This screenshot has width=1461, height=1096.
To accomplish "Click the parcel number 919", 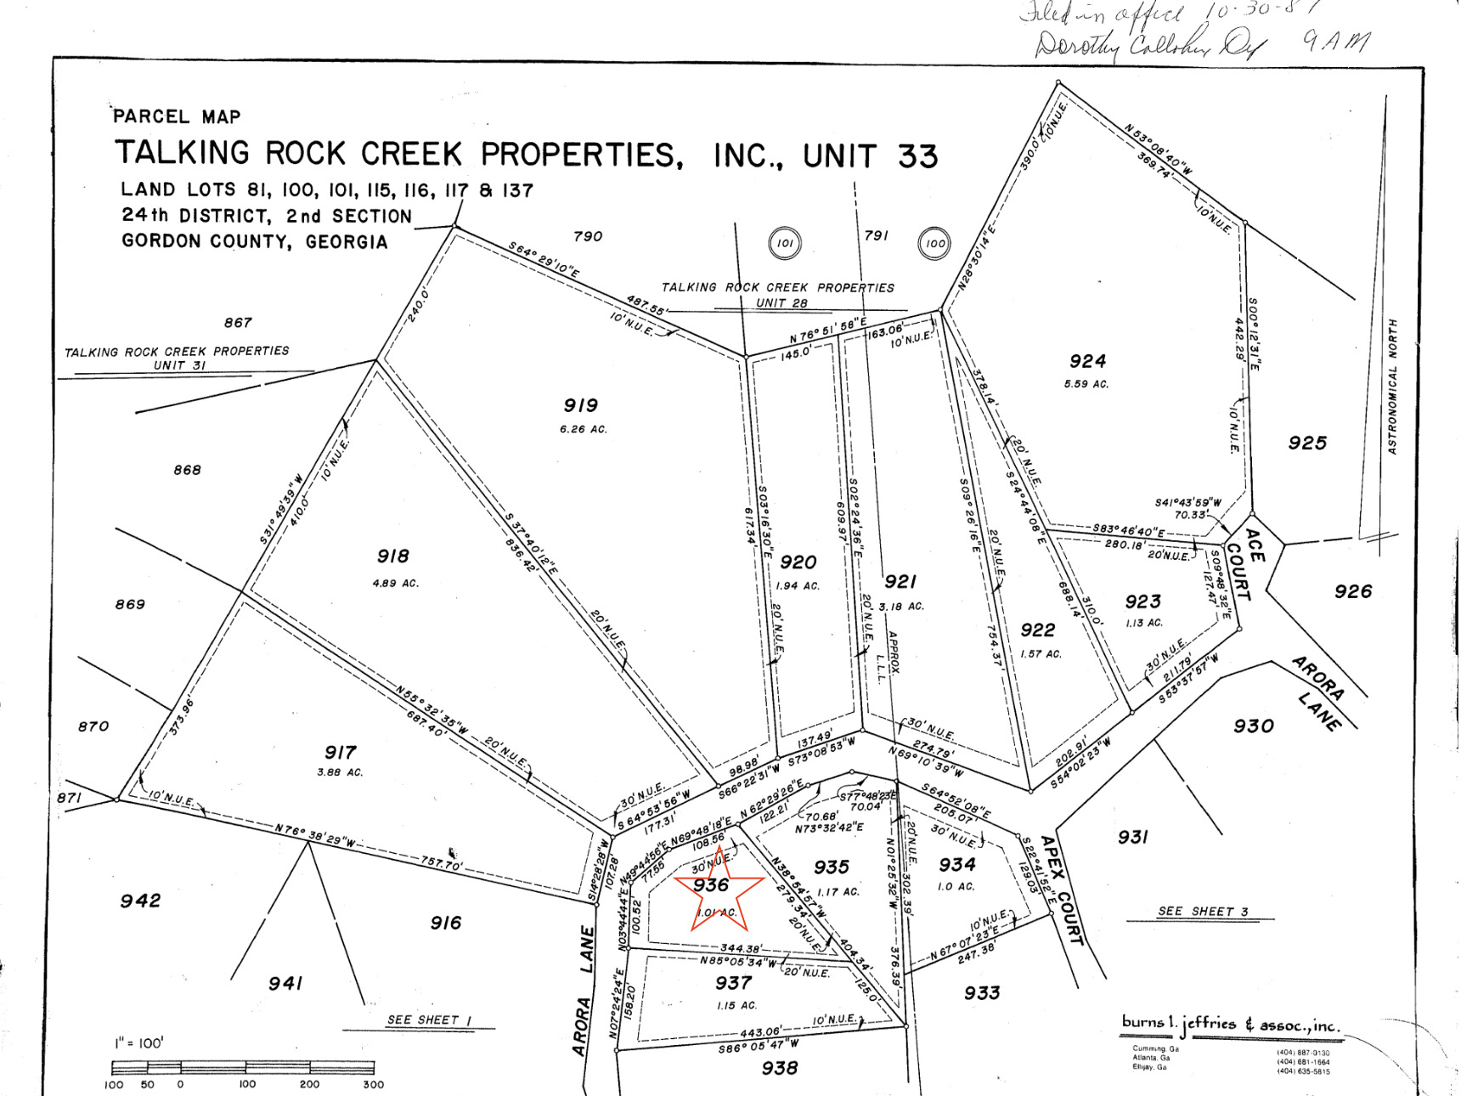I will [580, 405].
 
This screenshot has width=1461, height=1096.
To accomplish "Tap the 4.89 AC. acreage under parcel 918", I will [395, 584].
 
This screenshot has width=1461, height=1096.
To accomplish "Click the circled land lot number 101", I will [784, 243].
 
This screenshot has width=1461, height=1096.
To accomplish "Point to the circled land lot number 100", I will [934, 243].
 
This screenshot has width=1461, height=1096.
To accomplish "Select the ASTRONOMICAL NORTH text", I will [1392, 387].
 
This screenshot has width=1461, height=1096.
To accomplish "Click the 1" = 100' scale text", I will [139, 1042].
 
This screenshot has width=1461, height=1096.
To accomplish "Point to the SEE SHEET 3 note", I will [1203, 912].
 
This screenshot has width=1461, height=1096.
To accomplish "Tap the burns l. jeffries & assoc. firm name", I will [1231, 1024].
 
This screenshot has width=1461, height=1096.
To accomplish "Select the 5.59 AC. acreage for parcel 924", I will [1086, 384].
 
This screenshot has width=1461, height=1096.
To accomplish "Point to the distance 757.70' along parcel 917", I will [441, 863].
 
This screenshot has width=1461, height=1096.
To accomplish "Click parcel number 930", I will [1253, 726].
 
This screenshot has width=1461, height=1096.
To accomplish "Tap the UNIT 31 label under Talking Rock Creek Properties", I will [179, 365].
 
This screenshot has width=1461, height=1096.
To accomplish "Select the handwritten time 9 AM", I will [1336, 41].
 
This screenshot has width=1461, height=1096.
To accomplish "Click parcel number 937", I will [733, 983].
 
